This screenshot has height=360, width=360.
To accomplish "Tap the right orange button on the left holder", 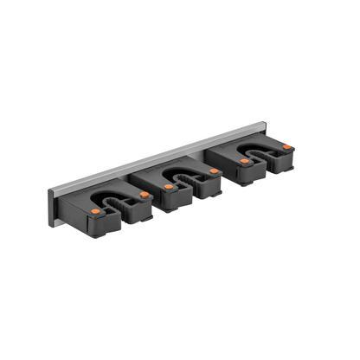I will (x=145, y=195).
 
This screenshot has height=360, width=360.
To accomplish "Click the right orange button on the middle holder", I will (x=211, y=171).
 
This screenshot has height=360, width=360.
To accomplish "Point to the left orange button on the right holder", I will (x=245, y=161).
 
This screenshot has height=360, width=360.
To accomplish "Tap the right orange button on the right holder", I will (x=286, y=147).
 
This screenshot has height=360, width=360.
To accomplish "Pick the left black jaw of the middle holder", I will (x=173, y=198).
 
